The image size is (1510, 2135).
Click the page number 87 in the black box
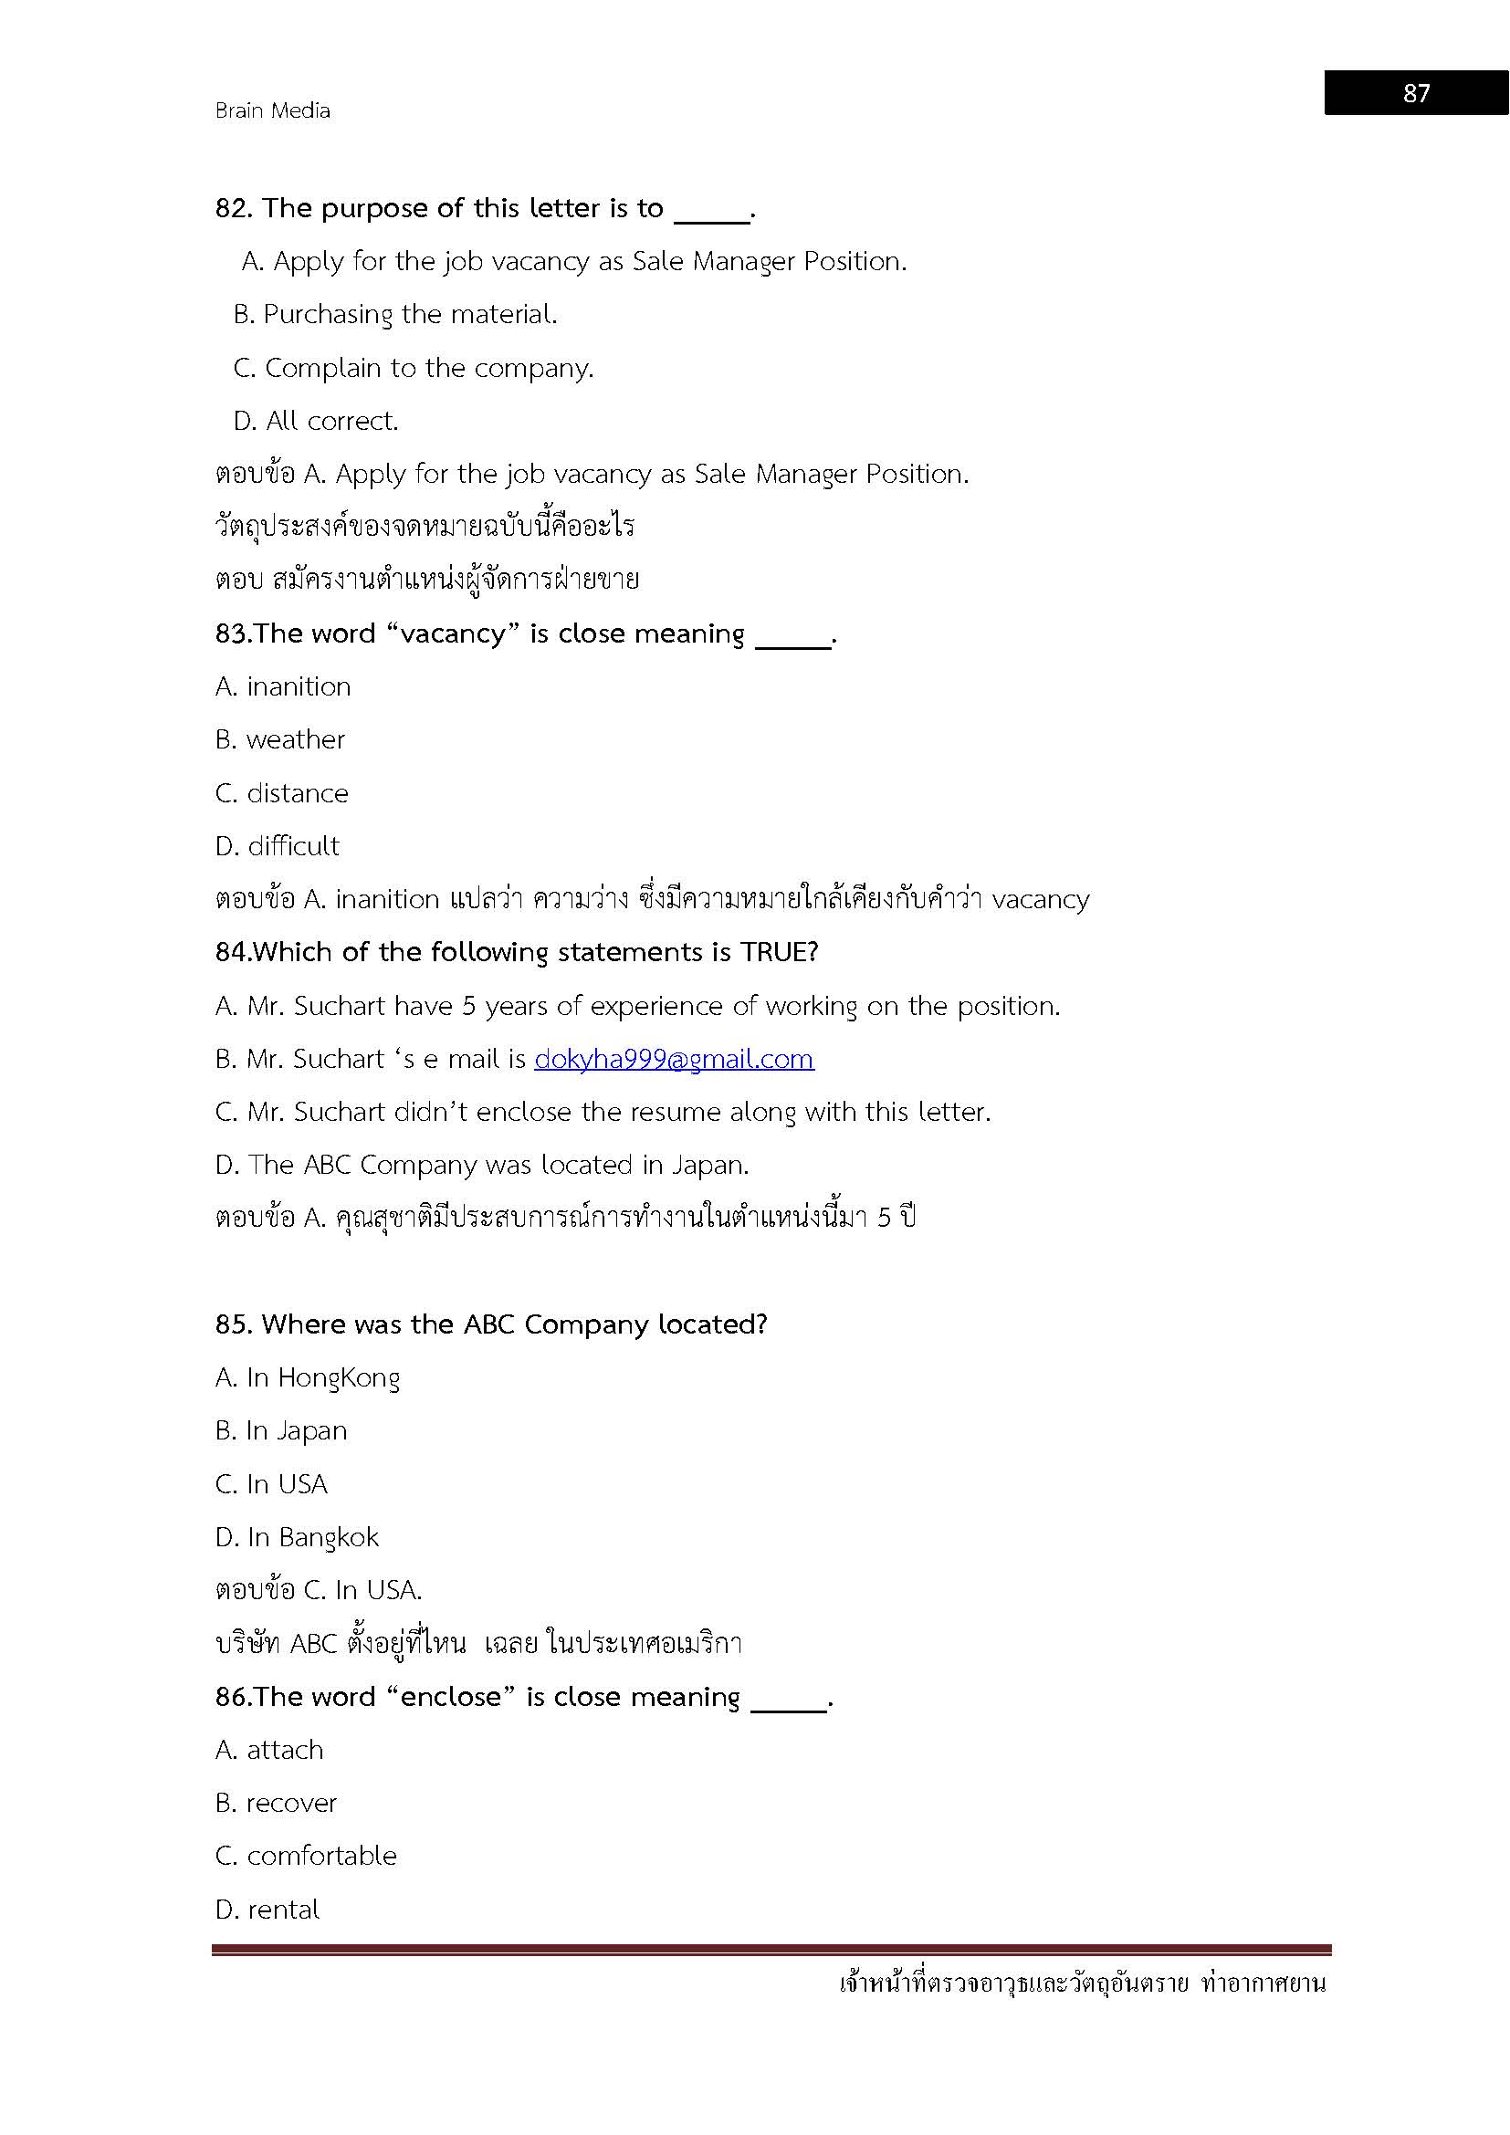coord(1415,93)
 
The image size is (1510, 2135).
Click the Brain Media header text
coord(272,110)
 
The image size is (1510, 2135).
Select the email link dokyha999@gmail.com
coord(674,1059)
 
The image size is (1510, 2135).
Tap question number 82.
coord(233,208)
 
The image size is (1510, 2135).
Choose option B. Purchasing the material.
coord(395,314)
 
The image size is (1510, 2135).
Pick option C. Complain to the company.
coord(413,368)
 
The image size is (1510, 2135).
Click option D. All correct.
coord(315,421)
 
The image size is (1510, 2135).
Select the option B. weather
coord(280,739)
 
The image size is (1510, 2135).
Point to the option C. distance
coord(282,793)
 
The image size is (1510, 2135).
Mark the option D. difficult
coord(278,846)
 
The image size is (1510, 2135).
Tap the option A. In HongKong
coord(307,1377)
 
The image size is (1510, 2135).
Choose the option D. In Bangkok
coord(297,1537)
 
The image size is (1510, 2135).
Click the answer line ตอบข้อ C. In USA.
coord(319,1590)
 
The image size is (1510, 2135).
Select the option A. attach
coord(269,1750)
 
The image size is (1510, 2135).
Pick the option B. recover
coord(276,1803)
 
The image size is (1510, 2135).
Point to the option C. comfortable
coord(306,1856)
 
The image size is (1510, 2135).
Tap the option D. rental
coord(267,1910)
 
